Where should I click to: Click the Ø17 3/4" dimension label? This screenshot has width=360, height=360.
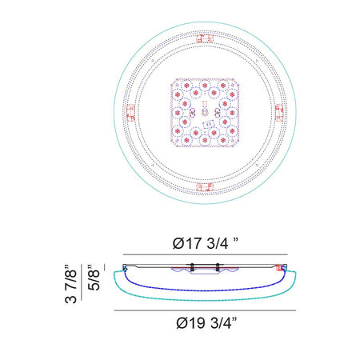(x=205, y=243)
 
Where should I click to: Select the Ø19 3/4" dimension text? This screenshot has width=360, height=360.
(x=206, y=322)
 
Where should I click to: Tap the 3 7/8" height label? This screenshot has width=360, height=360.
(x=71, y=284)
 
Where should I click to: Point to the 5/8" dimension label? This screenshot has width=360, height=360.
(x=94, y=278)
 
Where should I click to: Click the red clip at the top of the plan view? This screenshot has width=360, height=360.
(x=205, y=38)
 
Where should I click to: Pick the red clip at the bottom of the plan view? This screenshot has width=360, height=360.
(x=205, y=187)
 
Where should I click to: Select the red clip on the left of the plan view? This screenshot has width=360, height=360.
(x=130, y=113)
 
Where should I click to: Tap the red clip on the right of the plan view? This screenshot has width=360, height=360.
(x=279, y=113)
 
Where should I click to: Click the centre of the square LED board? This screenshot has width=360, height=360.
(x=205, y=113)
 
